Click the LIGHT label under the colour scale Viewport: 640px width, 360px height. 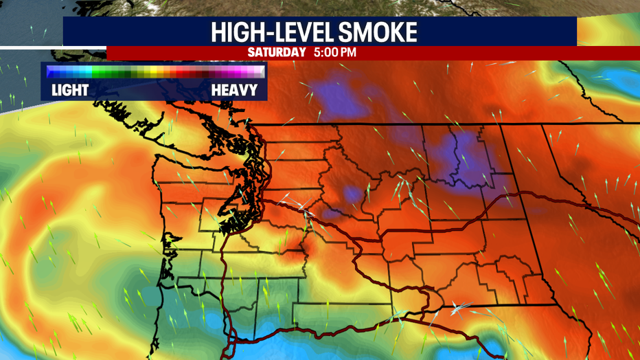(x=70, y=90)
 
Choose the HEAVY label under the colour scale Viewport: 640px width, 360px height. (x=234, y=90)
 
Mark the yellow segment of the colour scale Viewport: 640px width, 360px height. (x=157, y=71)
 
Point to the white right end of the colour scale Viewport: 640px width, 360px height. (x=260, y=71)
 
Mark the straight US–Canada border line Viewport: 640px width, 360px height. (x=412, y=125)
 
